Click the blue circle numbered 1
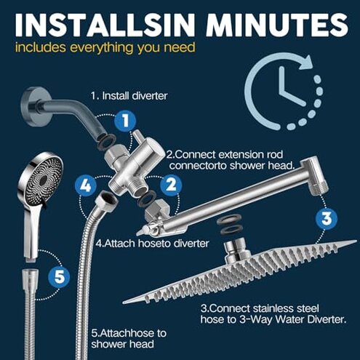click(125, 120)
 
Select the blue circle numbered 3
click(326, 218)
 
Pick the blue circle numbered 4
click(86, 185)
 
